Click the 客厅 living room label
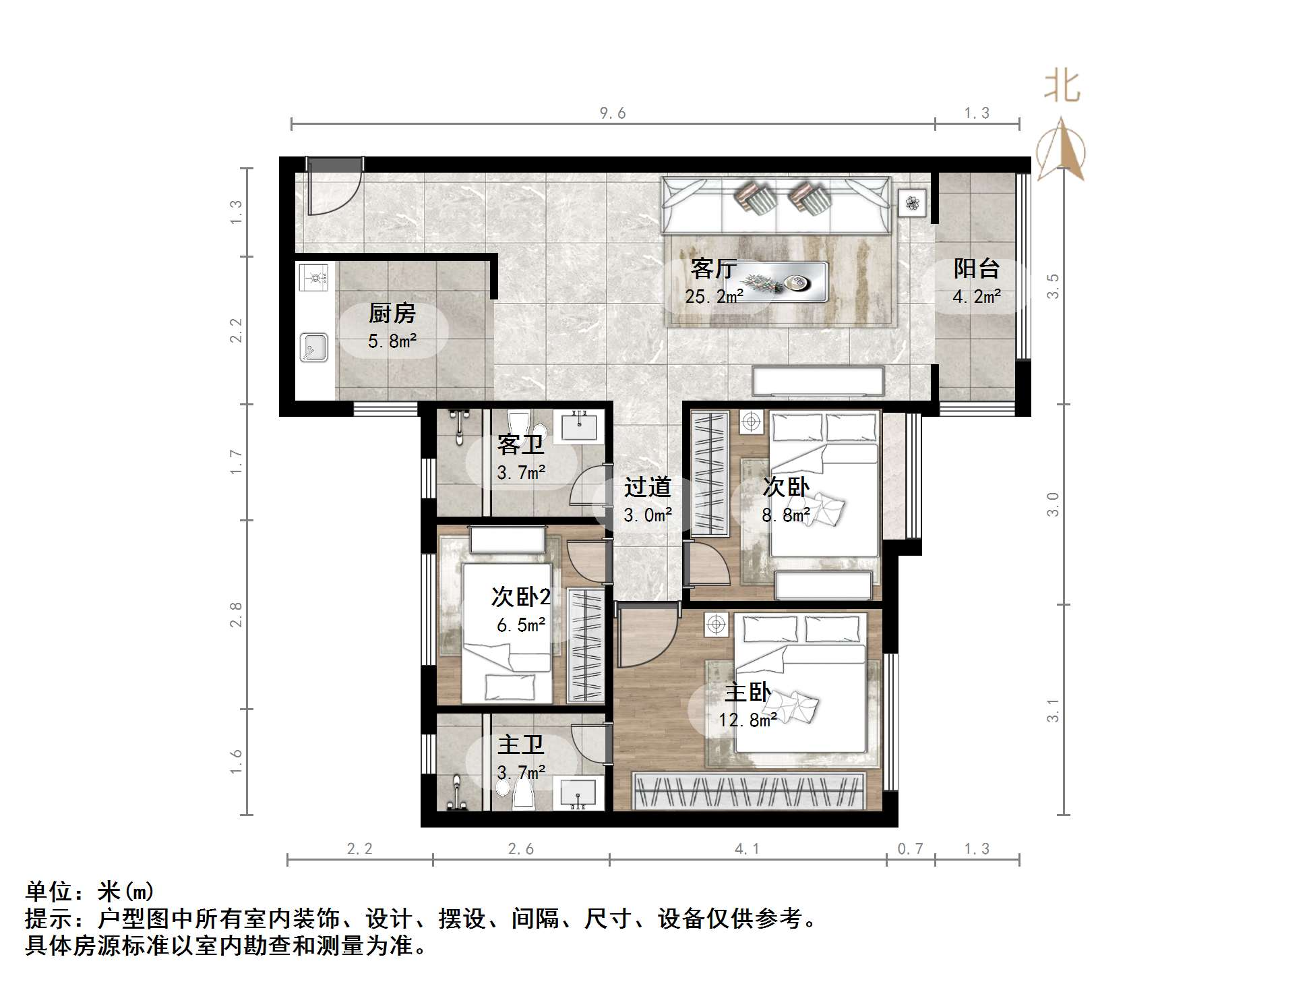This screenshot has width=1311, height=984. click(713, 268)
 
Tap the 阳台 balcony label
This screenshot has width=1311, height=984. click(975, 268)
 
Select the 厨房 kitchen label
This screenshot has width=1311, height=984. click(392, 313)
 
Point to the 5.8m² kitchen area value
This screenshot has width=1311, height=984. click(392, 341)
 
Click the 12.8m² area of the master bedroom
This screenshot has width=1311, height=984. click(747, 720)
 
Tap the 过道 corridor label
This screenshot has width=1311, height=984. click(647, 487)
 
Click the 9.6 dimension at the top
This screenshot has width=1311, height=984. click(612, 113)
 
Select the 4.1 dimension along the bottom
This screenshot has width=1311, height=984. click(747, 849)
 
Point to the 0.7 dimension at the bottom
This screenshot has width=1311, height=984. click(910, 849)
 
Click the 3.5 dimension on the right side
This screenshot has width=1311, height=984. click(1052, 286)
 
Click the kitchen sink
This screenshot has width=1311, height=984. click(313, 347)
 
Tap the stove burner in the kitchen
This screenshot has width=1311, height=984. click(313, 277)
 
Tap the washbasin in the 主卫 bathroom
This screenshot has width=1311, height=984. click(577, 793)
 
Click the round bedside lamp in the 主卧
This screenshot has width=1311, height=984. click(716, 625)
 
